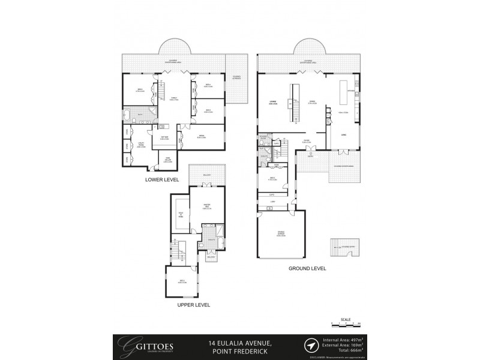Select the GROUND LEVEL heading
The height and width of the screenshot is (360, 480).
tap(307, 268)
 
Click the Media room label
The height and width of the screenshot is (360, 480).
tap(200, 137)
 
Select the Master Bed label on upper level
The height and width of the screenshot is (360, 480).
tap(205, 208)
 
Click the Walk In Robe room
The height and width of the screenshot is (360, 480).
tap(180, 218)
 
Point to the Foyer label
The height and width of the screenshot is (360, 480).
tap(306, 142)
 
